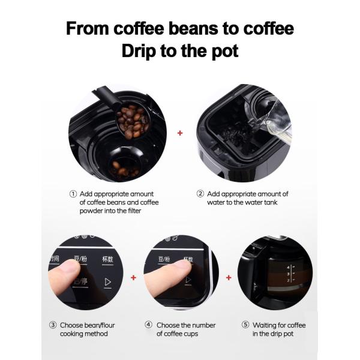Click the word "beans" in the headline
(190, 29)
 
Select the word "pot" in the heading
(224, 51)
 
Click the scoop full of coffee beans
(131, 122)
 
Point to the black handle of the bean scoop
(103, 96)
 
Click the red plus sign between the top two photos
(180, 133)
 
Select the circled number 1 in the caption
(73, 194)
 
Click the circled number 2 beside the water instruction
(200, 194)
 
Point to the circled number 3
(52, 325)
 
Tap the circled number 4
(148, 325)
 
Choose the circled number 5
(245, 325)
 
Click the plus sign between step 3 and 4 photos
(133, 278)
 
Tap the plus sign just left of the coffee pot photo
(229, 278)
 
